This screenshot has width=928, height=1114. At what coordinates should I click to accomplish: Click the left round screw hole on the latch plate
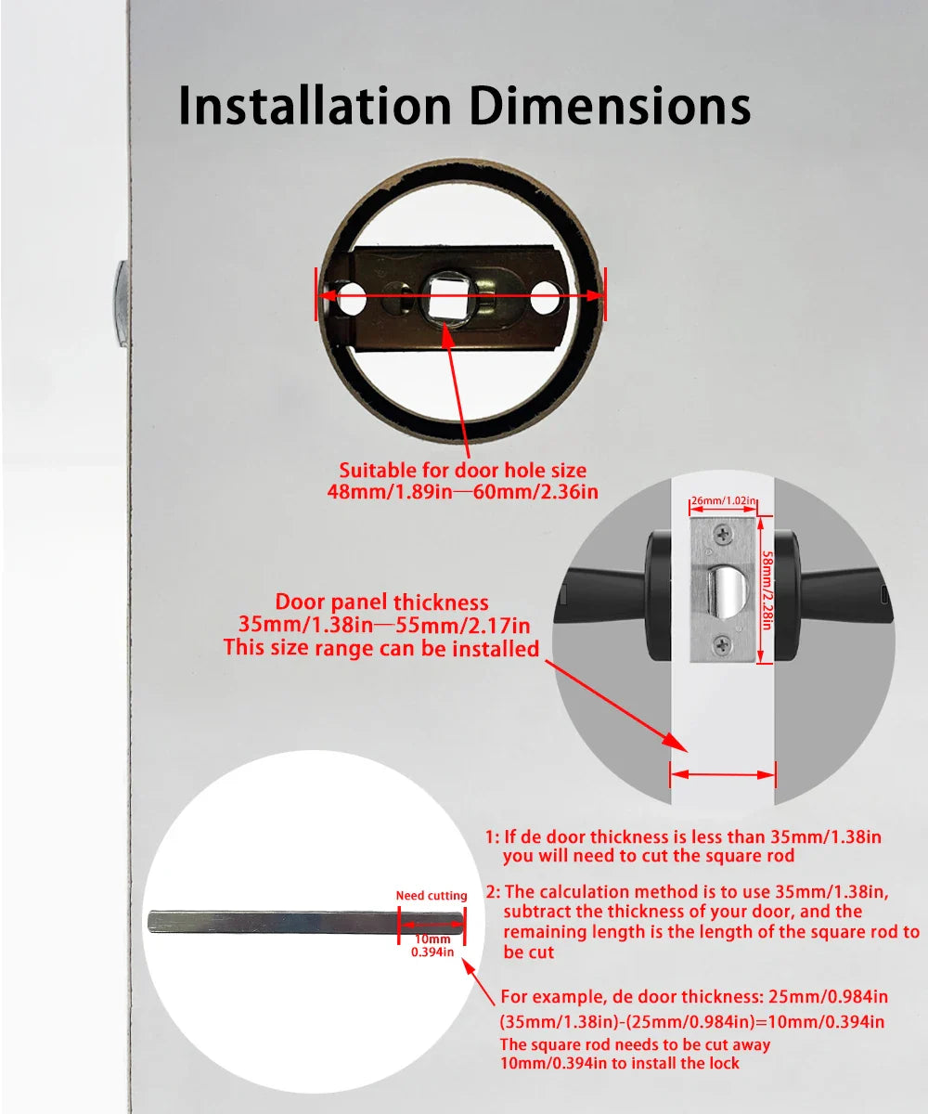coord(351,300)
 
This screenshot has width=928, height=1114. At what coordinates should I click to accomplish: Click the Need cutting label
coord(432,896)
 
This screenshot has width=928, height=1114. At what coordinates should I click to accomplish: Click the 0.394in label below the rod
coord(432,952)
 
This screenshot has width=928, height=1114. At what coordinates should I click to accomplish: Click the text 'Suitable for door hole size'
coord(462,471)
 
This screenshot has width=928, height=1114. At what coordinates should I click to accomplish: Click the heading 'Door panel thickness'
coord(381,602)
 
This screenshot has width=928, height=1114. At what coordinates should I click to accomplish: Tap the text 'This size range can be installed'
coord(381,647)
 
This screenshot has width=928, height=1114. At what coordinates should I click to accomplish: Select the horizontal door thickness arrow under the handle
coord(722,773)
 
